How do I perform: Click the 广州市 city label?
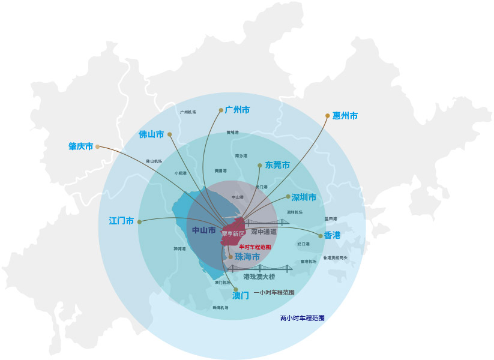point(237,110)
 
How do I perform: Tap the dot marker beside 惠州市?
point(328,115)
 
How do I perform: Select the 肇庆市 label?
point(81,146)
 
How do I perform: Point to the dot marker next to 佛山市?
point(170,134)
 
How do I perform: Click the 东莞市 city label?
point(277,165)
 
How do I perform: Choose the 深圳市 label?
point(304,197)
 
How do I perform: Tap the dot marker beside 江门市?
point(139,221)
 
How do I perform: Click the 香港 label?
point(332,235)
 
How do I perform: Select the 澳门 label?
point(241,296)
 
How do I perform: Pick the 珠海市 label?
point(247,257)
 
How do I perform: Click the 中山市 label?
point(203,230)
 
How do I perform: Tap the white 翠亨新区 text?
point(233,233)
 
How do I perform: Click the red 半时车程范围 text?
point(255,247)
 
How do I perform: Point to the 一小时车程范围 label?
point(274,293)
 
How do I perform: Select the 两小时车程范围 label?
point(303,318)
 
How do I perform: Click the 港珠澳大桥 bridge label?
point(259,277)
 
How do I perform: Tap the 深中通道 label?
point(264,232)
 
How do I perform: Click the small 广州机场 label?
point(188,112)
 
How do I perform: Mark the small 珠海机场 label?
point(220,308)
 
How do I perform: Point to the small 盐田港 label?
point(331,219)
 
